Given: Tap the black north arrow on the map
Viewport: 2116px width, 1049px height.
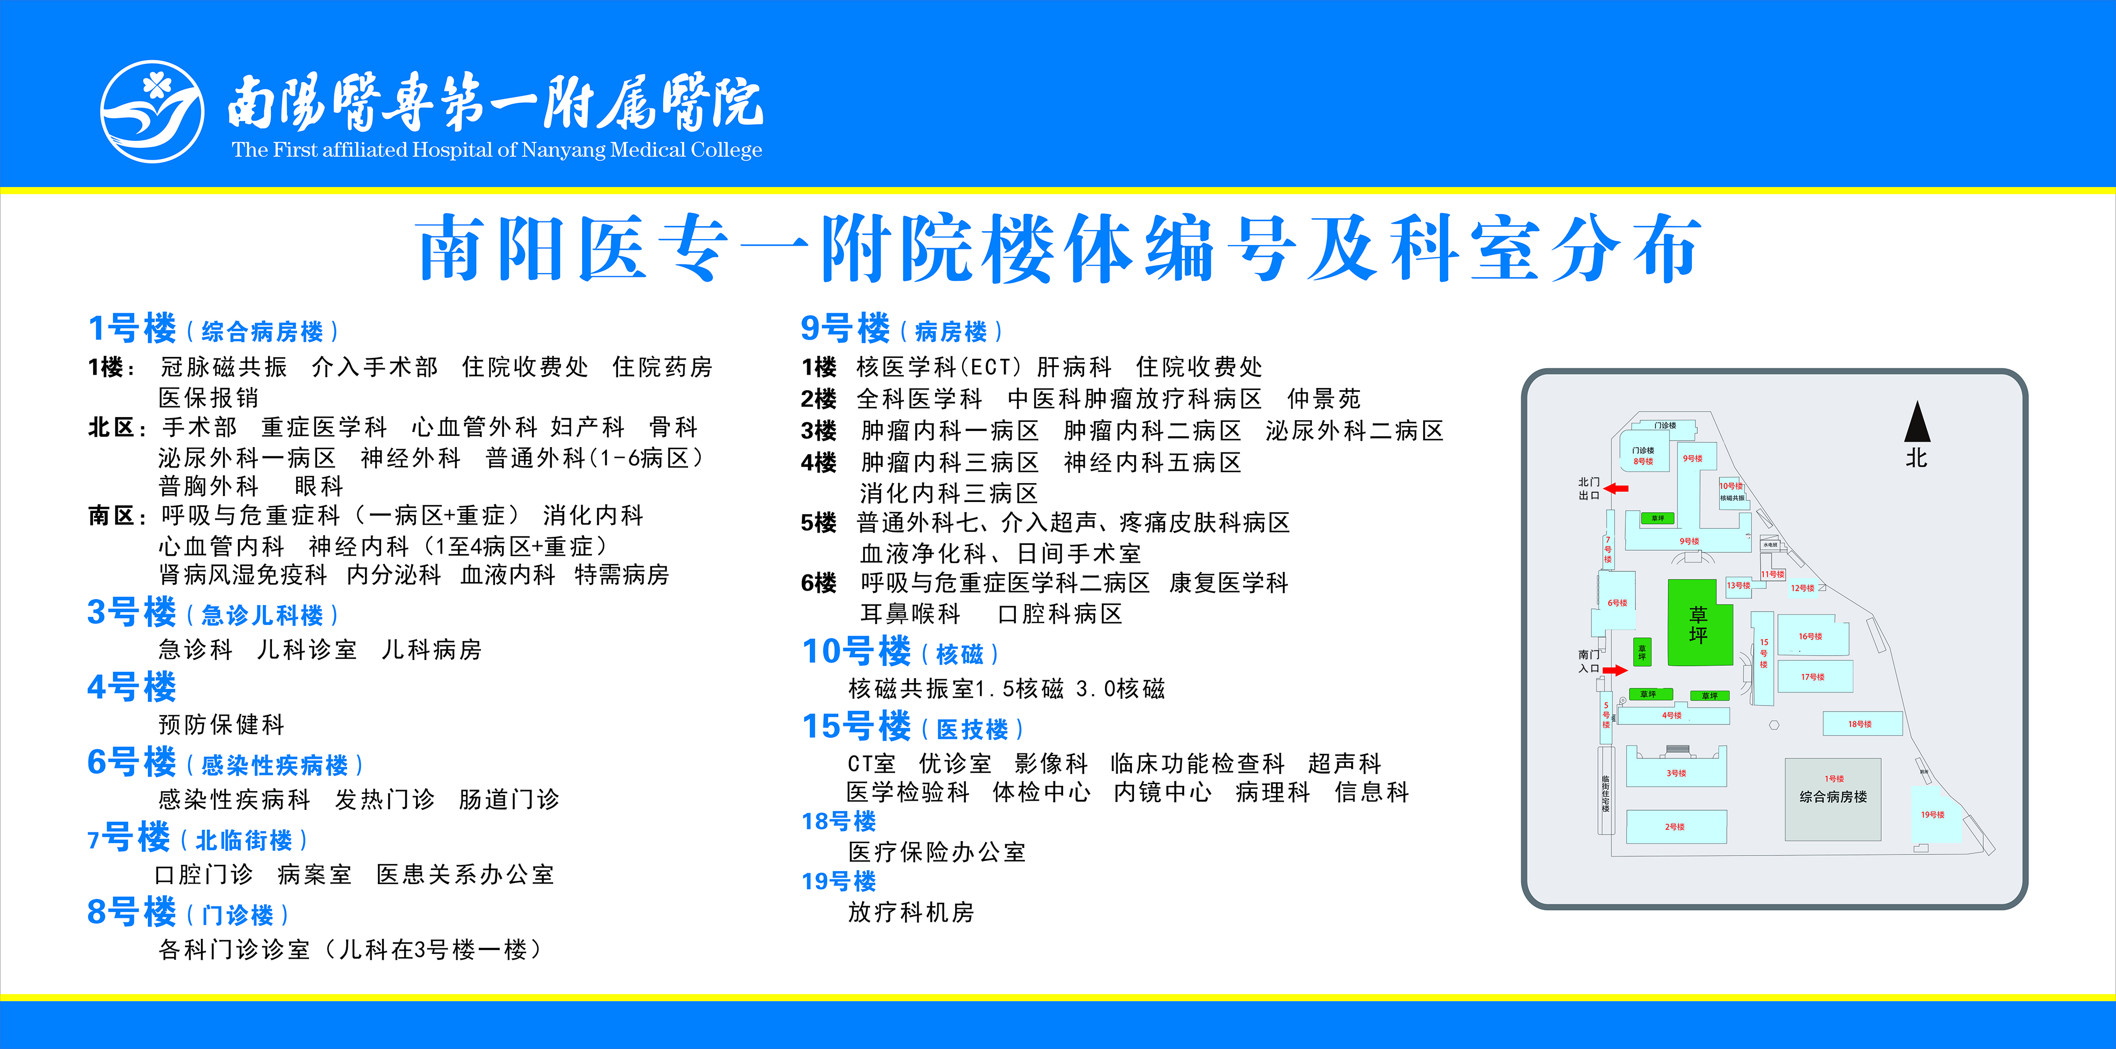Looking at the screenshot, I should (1917, 422).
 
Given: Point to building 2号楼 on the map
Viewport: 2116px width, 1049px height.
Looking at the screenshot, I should (1676, 827).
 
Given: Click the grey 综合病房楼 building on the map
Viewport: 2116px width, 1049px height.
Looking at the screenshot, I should (1833, 797).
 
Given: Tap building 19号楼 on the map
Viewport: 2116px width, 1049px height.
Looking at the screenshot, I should (1934, 814).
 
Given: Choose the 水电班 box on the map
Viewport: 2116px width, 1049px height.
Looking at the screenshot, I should (1770, 544).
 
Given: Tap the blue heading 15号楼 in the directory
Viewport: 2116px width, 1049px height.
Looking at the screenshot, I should (856, 727).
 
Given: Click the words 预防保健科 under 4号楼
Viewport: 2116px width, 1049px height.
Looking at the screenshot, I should (221, 724).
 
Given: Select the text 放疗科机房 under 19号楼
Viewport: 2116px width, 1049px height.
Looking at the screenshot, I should (911, 913).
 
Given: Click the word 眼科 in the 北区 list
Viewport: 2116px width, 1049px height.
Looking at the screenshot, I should (319, 486).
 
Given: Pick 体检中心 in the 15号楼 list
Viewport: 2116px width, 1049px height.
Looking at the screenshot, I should (1042, 793).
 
